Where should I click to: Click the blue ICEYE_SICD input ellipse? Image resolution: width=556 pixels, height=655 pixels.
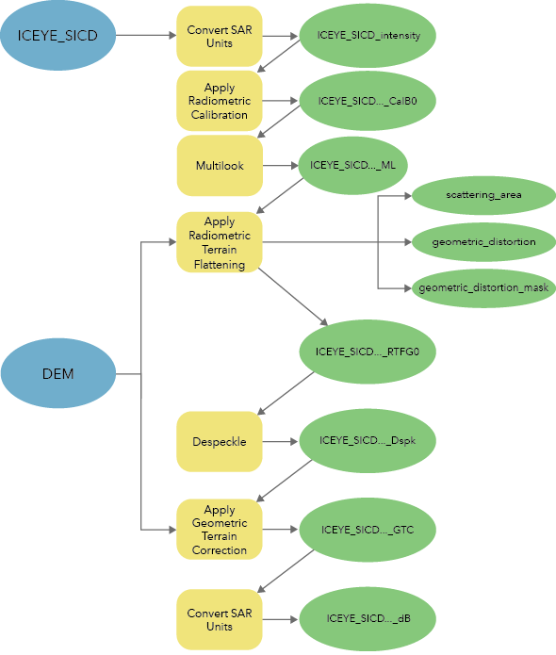coord(57,36)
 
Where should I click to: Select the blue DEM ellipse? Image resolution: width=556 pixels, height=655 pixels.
coord(57,374)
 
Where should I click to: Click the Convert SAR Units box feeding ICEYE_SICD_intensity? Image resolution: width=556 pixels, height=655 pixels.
coord(219,36)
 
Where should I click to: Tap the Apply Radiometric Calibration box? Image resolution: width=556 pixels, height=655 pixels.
coord(219,101)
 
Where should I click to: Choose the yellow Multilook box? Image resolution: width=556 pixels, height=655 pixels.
coord(219,166)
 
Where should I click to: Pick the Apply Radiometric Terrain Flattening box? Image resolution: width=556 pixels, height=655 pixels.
coord(219,243)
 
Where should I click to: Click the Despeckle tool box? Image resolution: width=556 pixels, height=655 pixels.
coord(219,441)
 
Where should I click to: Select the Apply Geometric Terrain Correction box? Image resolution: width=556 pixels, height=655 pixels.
coord(219,530)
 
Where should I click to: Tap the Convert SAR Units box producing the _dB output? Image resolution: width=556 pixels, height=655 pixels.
coord(219,619)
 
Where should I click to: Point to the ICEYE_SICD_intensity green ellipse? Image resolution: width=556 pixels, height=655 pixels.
coord(368,36)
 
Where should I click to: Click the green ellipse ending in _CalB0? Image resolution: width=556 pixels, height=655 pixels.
coord(368,100)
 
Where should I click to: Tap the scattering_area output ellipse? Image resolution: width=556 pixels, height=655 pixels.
coord(483,196)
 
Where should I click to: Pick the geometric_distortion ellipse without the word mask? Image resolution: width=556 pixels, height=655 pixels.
coord(483,242)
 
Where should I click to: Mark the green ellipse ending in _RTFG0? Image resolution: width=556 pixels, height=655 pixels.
coord(368,352)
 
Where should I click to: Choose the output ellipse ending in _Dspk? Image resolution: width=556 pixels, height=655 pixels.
coord(368,440)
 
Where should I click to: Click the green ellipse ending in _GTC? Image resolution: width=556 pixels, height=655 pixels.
coord(368,530)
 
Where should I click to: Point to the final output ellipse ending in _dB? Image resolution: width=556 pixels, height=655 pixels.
coord(368,618)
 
